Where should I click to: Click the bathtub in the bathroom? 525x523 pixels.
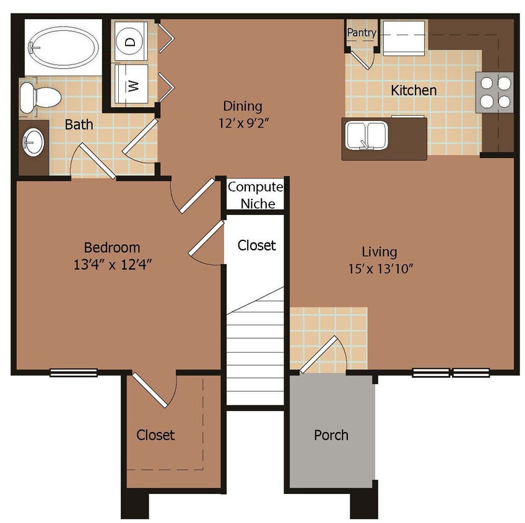click(63, 46)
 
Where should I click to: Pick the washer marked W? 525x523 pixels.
click(131, 86)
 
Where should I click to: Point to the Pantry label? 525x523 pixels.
click(361, 32)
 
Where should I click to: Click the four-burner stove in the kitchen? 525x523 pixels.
click(495, 92)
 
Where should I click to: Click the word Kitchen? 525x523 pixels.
click(414, 90)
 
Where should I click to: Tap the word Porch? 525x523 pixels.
click(331, 435)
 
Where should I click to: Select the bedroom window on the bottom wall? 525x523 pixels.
click(74, 372)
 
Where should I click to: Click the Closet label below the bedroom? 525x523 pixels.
click(155, 435)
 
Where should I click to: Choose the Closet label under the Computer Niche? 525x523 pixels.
click(256, 245)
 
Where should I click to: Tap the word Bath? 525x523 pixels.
click(79, 125)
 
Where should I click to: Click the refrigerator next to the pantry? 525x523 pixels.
click(404, 38)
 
